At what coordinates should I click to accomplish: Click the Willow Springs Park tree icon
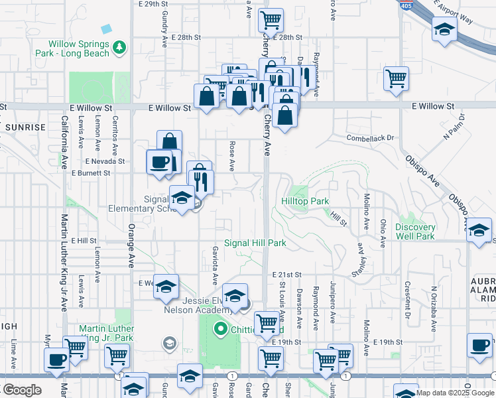[119, 47]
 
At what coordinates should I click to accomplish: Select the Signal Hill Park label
[255, 243]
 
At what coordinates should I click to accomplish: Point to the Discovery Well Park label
[415, 232]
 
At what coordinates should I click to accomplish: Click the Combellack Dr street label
[371, 138]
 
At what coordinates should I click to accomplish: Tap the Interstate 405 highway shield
[404, 4]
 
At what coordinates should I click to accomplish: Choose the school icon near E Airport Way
[444, 29]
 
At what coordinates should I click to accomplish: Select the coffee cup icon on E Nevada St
[159, 161]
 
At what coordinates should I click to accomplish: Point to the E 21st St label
[286, 275]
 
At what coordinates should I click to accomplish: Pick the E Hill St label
[84, 241]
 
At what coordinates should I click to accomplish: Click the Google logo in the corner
[22, 390]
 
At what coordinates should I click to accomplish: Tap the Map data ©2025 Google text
[455, 392]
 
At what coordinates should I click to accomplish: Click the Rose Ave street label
[232, 153]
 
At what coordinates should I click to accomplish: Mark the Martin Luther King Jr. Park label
[106, 334]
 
